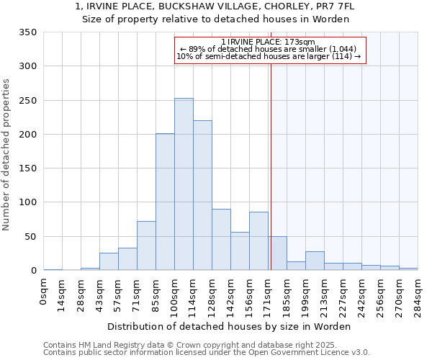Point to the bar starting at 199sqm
[x=315, y=261]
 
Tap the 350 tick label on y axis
[x=28, y=32]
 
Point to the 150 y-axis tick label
[x=28, y=168]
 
